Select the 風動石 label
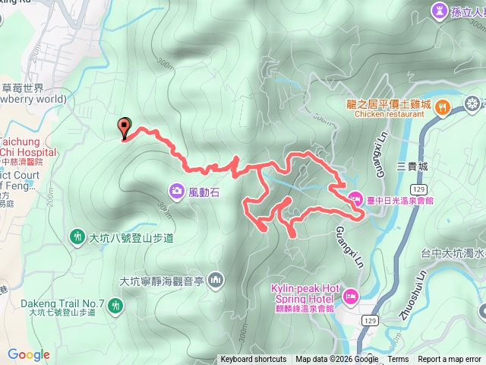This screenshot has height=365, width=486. click(204, 193)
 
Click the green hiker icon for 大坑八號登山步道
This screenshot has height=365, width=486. click(77, 237)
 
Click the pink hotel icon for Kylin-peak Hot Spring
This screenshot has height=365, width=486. click(350, 294)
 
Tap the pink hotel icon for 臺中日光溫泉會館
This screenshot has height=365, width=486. click(355, 200)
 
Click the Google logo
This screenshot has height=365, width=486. click(28, 354)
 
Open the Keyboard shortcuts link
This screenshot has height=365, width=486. click(253, 360)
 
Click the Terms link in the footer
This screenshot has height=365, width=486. click(398, 360)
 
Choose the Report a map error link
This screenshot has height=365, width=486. click(450, 360)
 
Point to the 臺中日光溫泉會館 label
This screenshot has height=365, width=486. click(400, 200)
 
